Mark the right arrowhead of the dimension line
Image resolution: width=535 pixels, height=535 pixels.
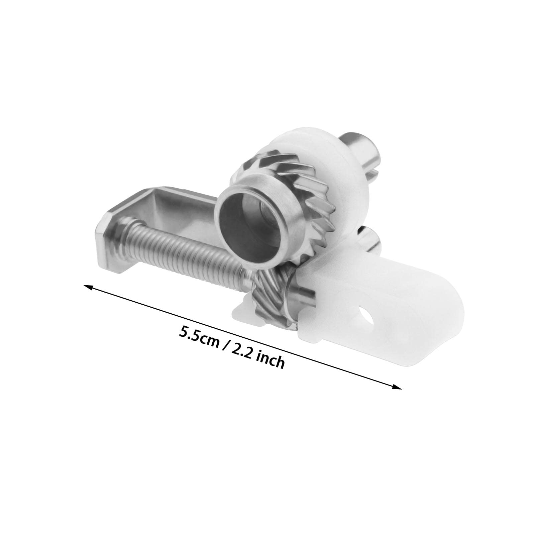(396, 386)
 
